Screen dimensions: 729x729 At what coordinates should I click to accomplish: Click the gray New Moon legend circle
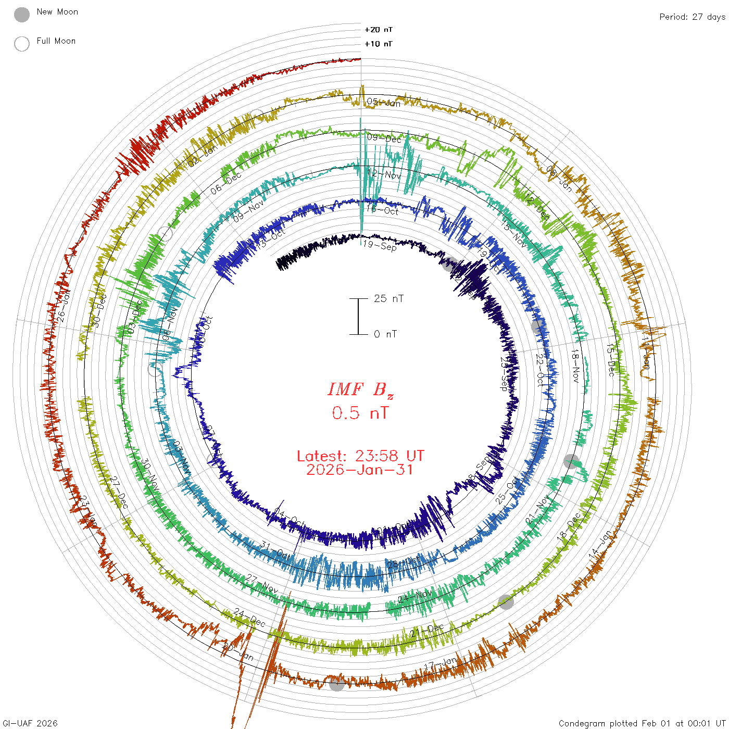[22, 15]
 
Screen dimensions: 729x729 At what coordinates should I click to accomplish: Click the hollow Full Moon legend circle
[22, 44]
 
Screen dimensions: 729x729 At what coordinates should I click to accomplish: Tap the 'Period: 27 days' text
[692, 17]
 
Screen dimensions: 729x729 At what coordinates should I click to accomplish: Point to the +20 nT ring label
[379, 30]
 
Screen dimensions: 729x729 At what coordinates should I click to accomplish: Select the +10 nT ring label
[379, 44]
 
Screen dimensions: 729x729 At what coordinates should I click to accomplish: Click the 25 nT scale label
[388, 299]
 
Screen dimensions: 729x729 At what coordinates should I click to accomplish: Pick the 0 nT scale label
[385, 334]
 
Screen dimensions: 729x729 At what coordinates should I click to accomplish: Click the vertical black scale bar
[358, 317]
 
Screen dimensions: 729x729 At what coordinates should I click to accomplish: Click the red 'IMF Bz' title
[360, 389]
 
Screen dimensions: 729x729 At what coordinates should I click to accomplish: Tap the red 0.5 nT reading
[360, 413]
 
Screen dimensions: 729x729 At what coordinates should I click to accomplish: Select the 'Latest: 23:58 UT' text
[360, 456]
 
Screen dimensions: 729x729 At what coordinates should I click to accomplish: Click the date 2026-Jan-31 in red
[360, 470]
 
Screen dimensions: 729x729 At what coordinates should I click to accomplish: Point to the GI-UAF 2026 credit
[30, 723]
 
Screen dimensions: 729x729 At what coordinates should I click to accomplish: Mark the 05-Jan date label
[384, 103]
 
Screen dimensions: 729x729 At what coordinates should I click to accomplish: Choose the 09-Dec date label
[384, 138]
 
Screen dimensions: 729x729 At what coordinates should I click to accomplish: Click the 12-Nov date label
[384, 174]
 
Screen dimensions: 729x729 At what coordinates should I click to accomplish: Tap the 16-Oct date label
[382, 210]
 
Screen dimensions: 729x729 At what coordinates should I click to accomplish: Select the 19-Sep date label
[380, 245]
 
